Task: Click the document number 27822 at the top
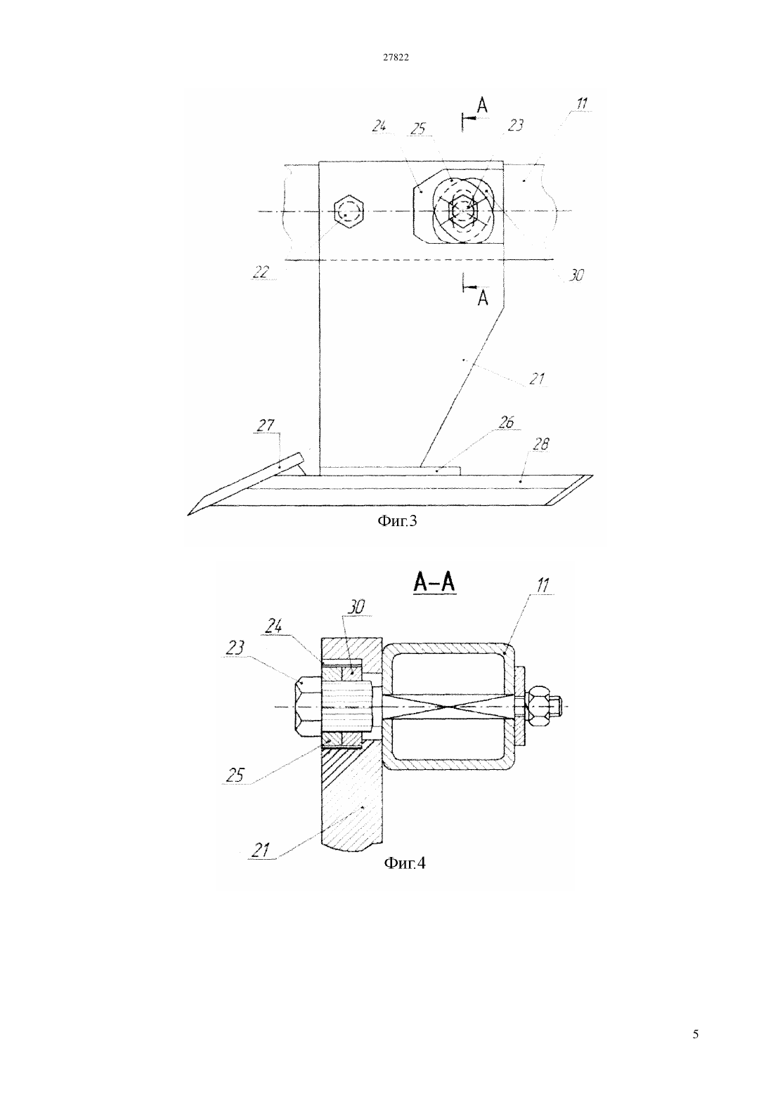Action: [x=395, y=57]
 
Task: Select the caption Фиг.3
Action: [x=397, y=521]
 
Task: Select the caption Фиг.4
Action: [x=405, y=863]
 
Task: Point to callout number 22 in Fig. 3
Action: [x=261, y=272]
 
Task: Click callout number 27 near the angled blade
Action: [x=266, y=425]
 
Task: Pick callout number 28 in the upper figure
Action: [x=541, y=443]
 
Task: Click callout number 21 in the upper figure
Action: [x=537, y=379]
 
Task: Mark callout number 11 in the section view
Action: [x=543, y=585]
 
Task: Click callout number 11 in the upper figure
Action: [x=582, y=103]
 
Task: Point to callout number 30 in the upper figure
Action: [x=576, y=275]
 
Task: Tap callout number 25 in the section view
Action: [x=235, y=775]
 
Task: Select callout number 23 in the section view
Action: [x=235, y=648]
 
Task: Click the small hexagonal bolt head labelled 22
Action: [x=348, y=211]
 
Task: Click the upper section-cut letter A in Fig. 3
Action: [x=482, y=105]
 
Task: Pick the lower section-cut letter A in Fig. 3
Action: [x=483, y=298]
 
